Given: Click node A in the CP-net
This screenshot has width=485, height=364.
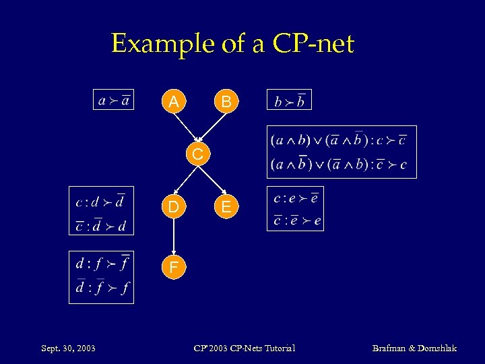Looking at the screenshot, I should click(x=174, y=102).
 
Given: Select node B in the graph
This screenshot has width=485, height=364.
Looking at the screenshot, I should click(x=227, y=102).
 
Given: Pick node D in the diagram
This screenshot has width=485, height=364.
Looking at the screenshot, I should click(x=174, y=208).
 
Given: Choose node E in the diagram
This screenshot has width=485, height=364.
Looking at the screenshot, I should click(x=227, y=208).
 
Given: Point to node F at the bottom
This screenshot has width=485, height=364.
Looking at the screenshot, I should click(x=174, y=268).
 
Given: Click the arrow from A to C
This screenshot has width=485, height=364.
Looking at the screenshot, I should click(x=185, y=128).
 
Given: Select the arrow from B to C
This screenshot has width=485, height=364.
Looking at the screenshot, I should click(x=214, y=127).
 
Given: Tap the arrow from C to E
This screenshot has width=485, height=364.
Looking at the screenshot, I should click(x=213, y=181).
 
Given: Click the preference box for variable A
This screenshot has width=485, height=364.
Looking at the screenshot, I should click(x=113, y=100).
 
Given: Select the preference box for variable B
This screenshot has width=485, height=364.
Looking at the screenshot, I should click(x=290, y=101).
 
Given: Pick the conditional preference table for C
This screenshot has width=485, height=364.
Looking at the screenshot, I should click(x=341, y=152).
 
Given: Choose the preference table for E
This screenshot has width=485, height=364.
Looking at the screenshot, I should click(x=295, y=208).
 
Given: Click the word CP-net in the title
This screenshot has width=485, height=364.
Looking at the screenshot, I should click(x=313, y=44).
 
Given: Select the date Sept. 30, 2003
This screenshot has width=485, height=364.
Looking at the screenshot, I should click(x=68, y=348).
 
